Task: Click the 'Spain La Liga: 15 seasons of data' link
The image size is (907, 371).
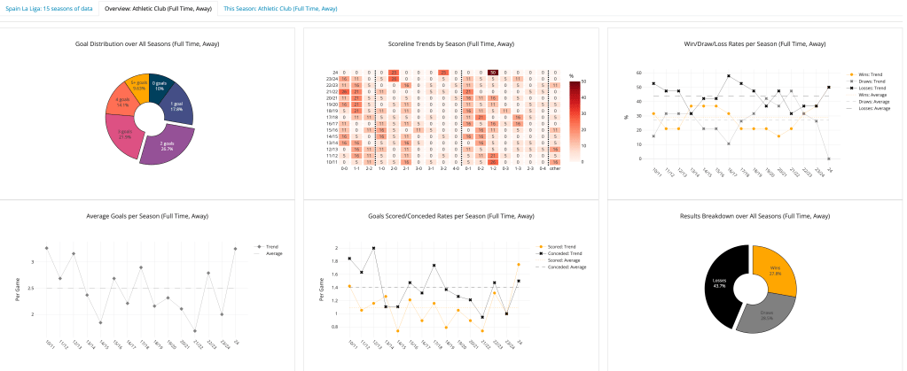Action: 48,8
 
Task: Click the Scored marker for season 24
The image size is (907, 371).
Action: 519,264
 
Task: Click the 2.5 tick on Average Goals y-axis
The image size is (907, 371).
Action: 32,288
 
